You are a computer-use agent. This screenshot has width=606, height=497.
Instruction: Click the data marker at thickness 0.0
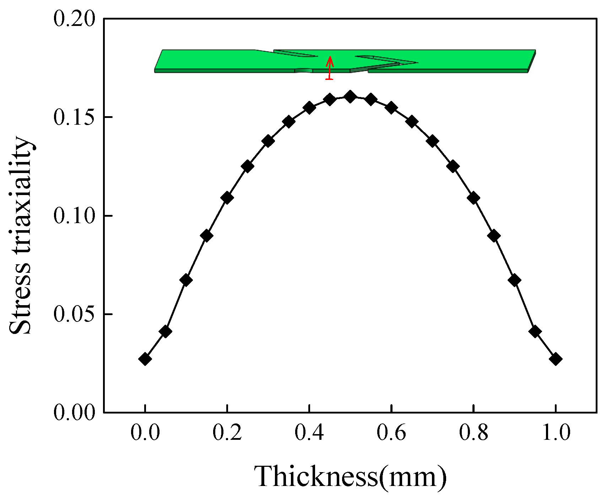pos(145,359)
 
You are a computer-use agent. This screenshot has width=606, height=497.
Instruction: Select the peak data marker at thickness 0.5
pos(350,97)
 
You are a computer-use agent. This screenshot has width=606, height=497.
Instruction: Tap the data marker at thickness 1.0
pos(556,359)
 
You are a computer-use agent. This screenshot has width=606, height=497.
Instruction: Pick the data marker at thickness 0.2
pos(227,198)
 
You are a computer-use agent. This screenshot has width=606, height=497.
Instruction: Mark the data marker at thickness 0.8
pos(474,198)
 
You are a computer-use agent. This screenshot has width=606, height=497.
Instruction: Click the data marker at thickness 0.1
pos(186,280)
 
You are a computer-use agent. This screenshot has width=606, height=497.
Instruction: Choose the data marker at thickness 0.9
pos(515,280)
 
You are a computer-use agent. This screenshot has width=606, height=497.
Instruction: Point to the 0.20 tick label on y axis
pos(75,18)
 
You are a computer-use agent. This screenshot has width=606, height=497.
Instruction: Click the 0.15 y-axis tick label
pos(75,117)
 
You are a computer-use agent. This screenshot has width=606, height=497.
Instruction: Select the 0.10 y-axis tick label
pos(75,216)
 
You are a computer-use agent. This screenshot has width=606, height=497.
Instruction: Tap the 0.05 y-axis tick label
pos(75,314)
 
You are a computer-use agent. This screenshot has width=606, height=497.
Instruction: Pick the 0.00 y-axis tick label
pos(75,412)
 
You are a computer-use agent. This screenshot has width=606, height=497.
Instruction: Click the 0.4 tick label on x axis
pos(309,433)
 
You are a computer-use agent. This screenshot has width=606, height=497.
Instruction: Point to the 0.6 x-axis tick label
pos(391,433)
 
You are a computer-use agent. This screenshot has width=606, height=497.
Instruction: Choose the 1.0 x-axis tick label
pos(556,433)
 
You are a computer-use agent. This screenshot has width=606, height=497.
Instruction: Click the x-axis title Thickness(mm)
pos(350,476)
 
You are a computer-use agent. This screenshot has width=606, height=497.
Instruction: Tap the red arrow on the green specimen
pos(330,67)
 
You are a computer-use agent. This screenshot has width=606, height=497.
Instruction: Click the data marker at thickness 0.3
pos(268,141)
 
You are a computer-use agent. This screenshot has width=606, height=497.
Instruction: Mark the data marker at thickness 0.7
pos(432,141)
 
